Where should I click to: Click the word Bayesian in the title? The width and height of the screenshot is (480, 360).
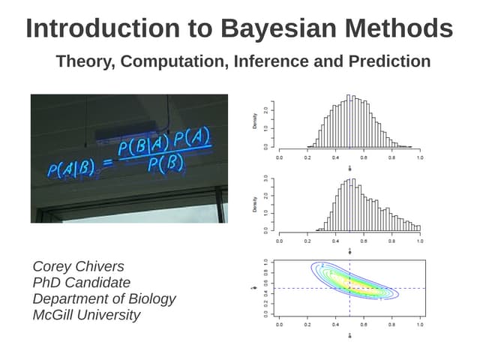[x=271, y=28]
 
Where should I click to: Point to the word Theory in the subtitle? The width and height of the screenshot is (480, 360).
[x=83, y=61]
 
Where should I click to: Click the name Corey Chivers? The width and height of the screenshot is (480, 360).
[x=78, y=266]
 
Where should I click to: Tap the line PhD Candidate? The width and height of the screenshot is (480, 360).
[x=81, y=283]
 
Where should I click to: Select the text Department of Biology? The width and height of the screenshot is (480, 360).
[x=104, y=298]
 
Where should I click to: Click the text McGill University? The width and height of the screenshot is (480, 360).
[x=86, y=315]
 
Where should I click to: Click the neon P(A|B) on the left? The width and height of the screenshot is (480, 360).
[x=70, y=169]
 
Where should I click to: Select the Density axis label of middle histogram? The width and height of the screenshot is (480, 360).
[x=256, y=203]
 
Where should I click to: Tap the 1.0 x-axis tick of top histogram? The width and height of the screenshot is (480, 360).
[x=419, y=159]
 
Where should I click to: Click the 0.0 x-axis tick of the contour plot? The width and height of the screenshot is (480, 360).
[x=280, y=325]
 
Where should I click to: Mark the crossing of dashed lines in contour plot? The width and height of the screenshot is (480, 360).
[x=350, y=289]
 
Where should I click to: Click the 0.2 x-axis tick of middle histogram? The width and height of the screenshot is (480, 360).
[x=307, y=241]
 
